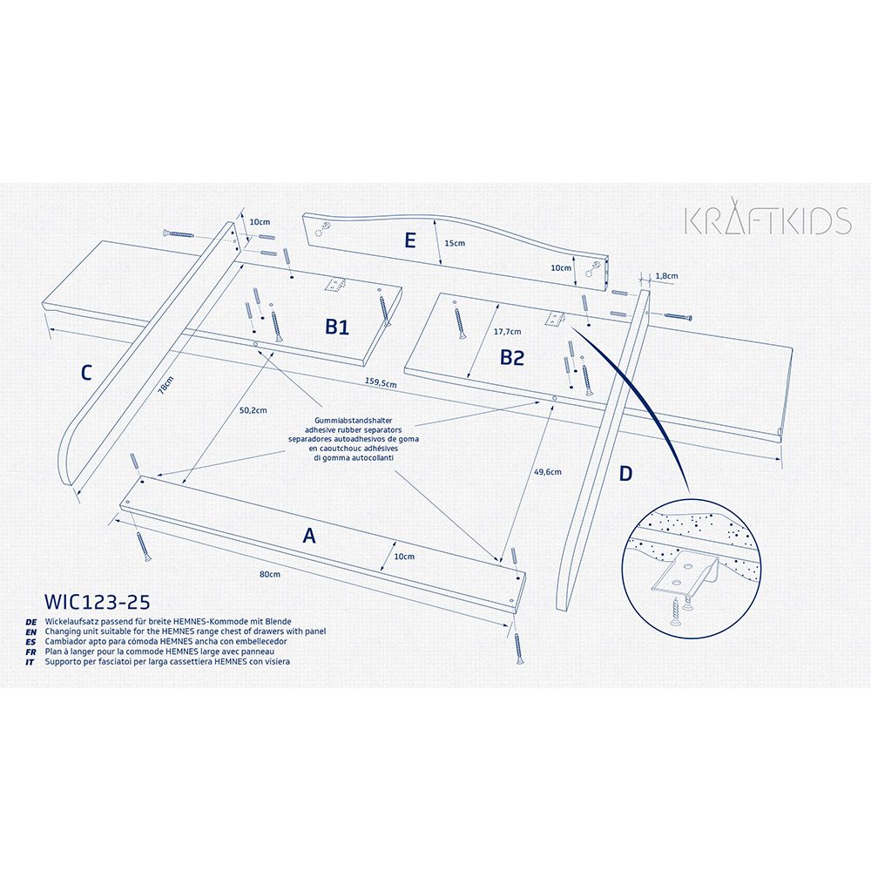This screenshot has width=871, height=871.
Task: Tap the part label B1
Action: pyautogui.click(x=337, y=327)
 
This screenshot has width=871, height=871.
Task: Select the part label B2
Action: pyautogui.click(x=511, y=357)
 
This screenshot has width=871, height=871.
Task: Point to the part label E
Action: pyautogui.click(x=410, y=240)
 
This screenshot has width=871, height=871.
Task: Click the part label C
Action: pyautogui.click(x=86, y=373)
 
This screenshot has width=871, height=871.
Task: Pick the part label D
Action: pyautogui.click(x=625, y=474)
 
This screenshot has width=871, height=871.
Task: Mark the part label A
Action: pyautogui.click(x=309, y=536)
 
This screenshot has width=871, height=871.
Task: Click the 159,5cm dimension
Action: pyautogui.click(x=381, y=382)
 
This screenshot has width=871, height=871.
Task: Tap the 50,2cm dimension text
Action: pyautogui.click(x=253, y=410)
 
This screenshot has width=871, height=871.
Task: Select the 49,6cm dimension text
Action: pyautogui.click(x=548, y=472)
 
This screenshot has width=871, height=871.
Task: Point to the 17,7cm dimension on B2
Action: pyautogui.click(x=508, y=332)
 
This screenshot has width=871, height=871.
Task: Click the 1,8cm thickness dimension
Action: pyautogui.click(x=666, y=275)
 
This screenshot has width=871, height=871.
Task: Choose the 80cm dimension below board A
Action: pyautogui.click(x=270, y=574)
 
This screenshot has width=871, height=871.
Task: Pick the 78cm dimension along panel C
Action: pyautogui.click(x=165, y=385)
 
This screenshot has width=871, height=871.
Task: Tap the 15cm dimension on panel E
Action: pyautogui.click(x=455, y=243)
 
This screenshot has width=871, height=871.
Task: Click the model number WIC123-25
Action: pyautogui.click(x=98, y=602)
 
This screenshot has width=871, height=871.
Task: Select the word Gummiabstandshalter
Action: pyautogui.click(x=354, y=421)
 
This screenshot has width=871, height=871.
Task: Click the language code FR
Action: pyautogui.click(x=30, y=652)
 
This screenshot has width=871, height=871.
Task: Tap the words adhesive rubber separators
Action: pyautogui.click(x=354, y=430)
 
